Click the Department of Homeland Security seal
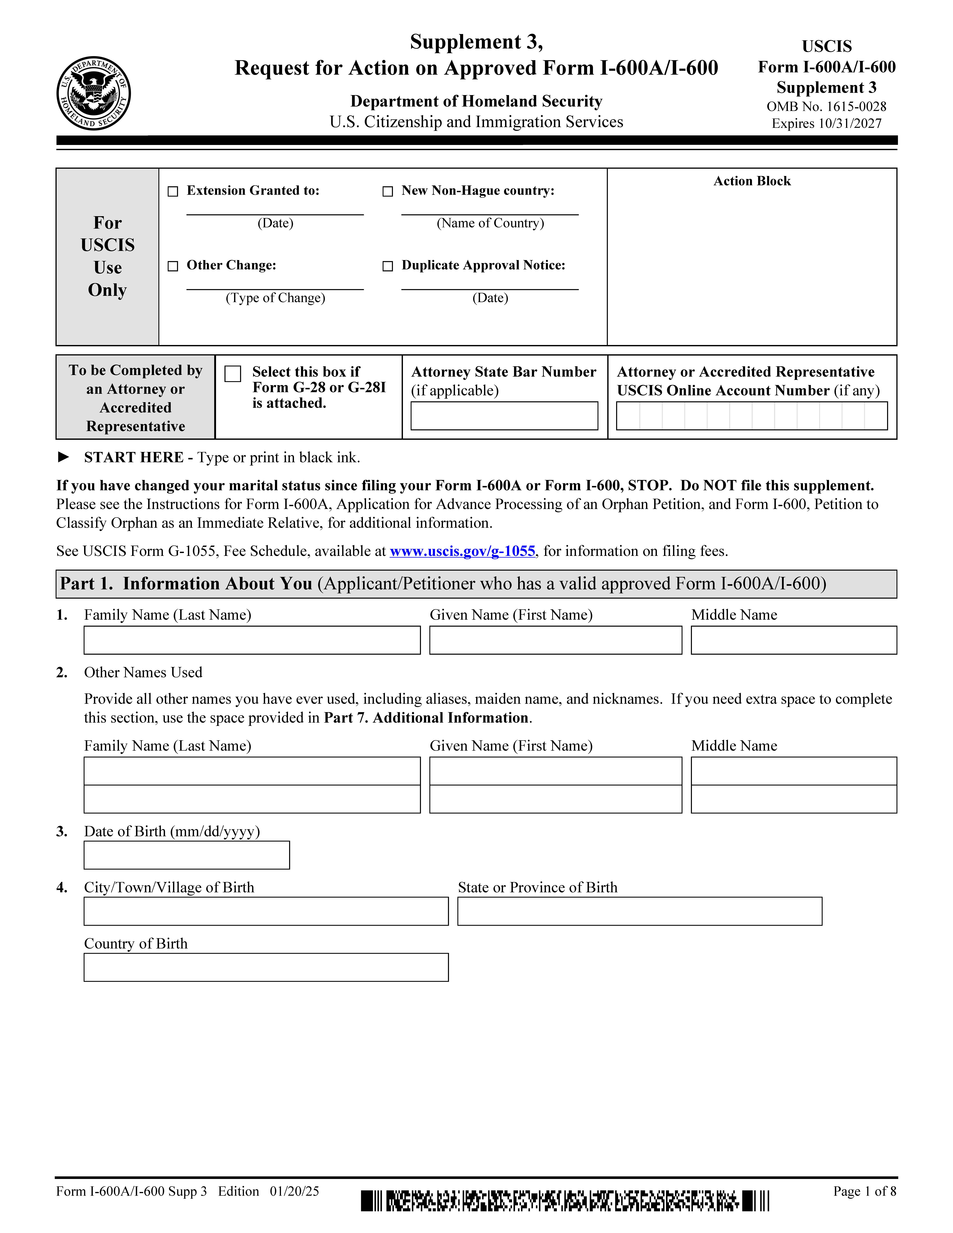[94, 93]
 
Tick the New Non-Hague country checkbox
[388, 191]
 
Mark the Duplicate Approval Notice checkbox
[388, 266]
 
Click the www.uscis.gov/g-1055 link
[462, 551]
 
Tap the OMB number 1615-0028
[856, 107]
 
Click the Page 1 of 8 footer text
[864, 1191]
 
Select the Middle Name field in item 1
[793, 640]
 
